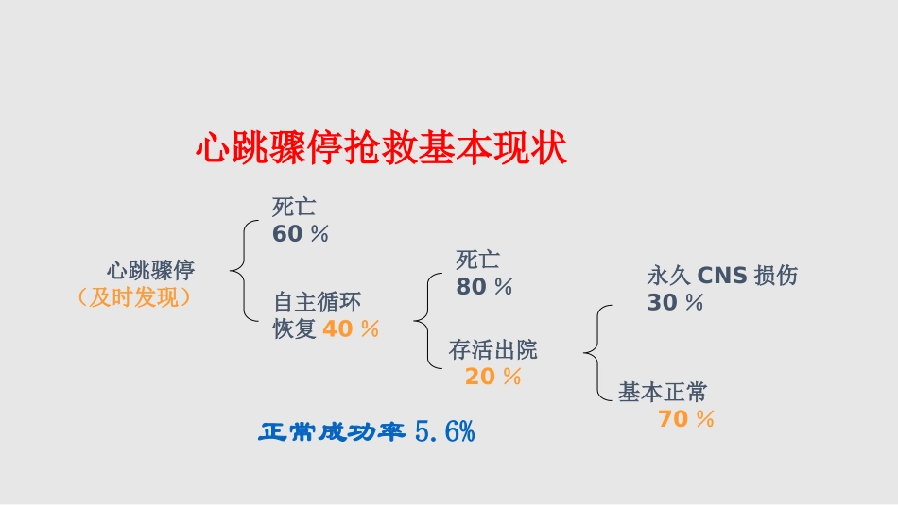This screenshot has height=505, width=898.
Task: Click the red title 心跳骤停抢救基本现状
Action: tap(380, 148)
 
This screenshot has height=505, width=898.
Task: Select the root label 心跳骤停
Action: tap(150, 271)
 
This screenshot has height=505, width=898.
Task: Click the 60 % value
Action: tap(301, 234)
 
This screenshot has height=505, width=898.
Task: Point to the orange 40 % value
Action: tap(351, 329)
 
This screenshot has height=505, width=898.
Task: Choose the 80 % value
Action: tap(484, 287)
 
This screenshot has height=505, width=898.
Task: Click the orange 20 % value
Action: tap(492, 377)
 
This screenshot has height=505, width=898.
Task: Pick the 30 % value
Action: tap(675, 303)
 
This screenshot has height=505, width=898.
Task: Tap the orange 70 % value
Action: tap(686, 419)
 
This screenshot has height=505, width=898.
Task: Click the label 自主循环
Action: tap(317, 303)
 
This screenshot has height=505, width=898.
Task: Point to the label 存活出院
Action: tap(492, 350)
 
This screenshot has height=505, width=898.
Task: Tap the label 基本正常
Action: tap(663, 392)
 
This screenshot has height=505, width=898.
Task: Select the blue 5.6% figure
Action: tap(444, 433)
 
